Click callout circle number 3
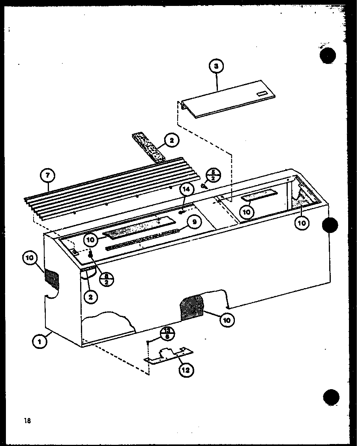pos(216,67)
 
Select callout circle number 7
pos(48,175)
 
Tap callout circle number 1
pos(39,342)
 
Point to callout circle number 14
pos(187,190)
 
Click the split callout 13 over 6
pos(167,334)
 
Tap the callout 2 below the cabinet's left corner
pos(91,297)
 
